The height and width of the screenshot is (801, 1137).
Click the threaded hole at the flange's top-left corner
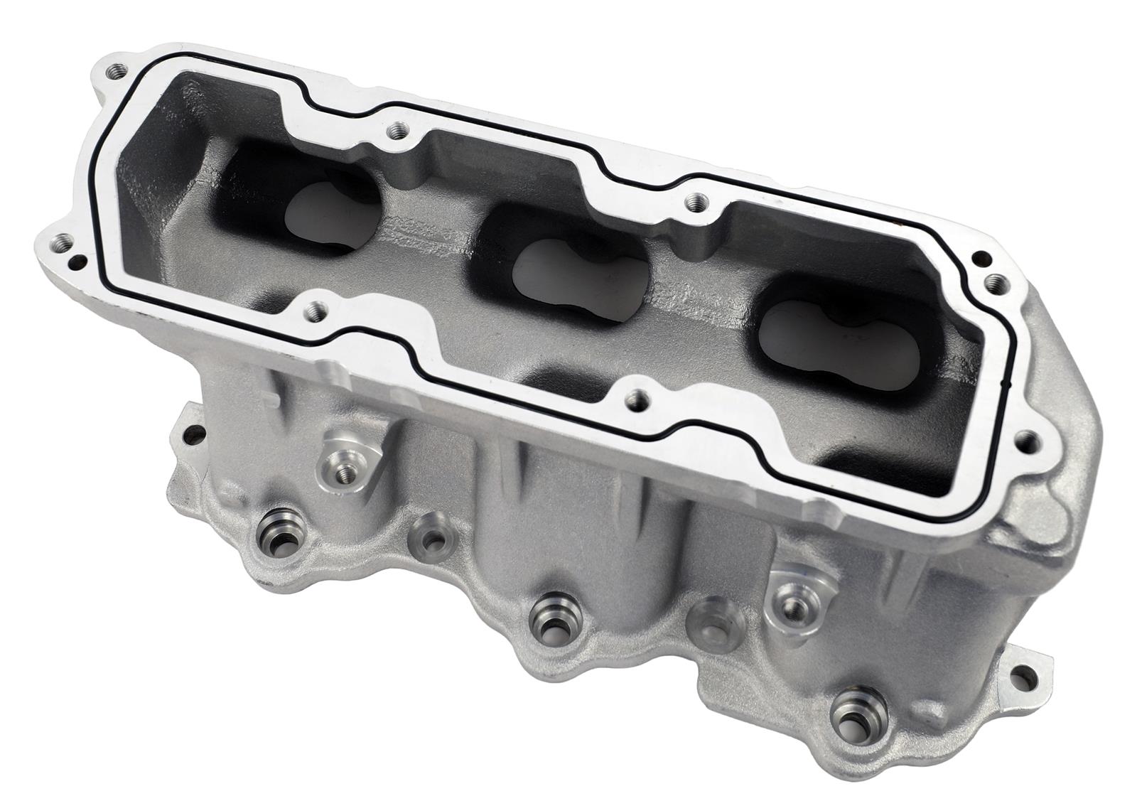click(x=114, y=72)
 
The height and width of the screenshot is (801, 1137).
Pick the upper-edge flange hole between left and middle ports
click(x=398, y=130)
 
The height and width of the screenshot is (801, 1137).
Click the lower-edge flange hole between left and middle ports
click(x=315, y=310)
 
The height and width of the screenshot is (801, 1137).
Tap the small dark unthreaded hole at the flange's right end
click(x=981, y=259)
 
